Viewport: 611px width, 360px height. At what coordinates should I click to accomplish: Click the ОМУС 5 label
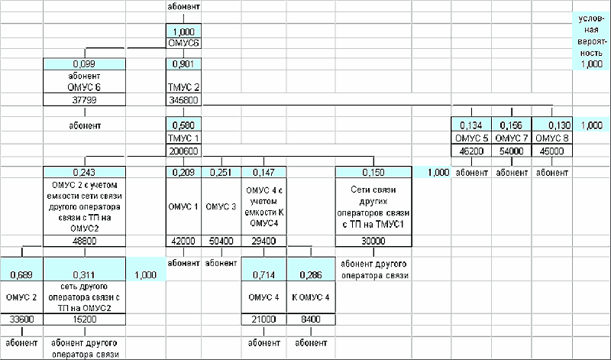click(x=472, y=138)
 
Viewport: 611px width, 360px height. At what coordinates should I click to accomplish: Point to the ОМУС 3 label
click(x=221, y=207)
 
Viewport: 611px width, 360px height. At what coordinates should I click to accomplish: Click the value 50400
click(x=221, y=241)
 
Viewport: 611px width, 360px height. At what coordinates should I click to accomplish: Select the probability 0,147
click(x=260, y=173)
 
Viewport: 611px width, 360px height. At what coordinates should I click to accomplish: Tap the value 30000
click(x=373, y=241)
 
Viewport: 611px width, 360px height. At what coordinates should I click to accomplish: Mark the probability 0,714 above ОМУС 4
click(x=263, y=274)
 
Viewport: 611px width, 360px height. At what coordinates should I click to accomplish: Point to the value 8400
click(x=309, y=319)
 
